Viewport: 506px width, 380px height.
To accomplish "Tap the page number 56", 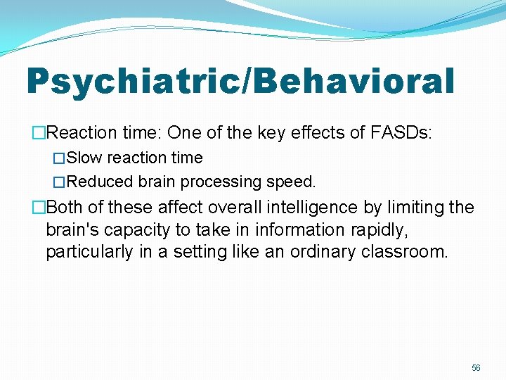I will coord(476,368).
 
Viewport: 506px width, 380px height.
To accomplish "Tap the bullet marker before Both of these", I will coord(38,208).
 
